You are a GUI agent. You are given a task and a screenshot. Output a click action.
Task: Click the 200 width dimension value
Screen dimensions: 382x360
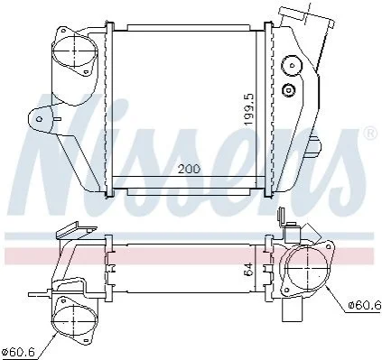[189, 169]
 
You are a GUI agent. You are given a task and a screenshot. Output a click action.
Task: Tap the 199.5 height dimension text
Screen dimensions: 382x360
[249, 109]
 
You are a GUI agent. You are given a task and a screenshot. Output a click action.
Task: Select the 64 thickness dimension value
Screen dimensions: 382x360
[248, 269]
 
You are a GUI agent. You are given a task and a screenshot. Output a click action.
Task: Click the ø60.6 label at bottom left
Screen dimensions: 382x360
[19, 351]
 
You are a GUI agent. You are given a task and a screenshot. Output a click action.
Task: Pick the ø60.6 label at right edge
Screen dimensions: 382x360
[365, 305]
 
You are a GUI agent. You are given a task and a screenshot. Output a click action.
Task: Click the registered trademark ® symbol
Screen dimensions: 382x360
[370, 134]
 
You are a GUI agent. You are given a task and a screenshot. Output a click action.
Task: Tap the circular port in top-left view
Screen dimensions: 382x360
[75, 51]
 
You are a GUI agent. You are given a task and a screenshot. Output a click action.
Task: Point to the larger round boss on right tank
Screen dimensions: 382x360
[292, 65]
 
